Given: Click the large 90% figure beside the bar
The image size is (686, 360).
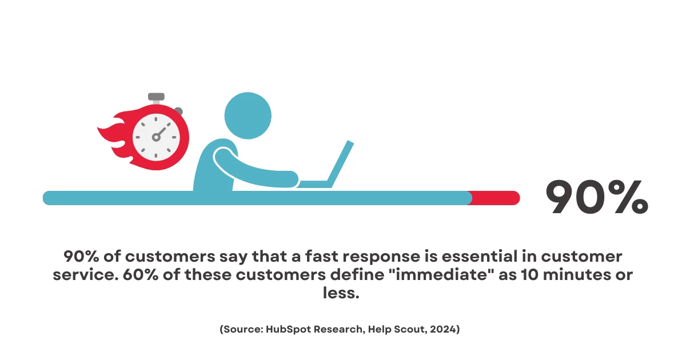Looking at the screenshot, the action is click(x=597, y=197).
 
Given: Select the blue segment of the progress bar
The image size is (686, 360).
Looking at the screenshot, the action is click(x=257, y=198).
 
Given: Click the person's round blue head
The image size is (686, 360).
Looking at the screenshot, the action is click(x=248, y=115).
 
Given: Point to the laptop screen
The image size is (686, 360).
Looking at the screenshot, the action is click(x=341, y=163).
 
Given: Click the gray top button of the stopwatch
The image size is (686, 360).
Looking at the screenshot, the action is click(x=156, y=97).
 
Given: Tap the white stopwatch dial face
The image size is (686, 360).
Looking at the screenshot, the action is click(x=156, y=138).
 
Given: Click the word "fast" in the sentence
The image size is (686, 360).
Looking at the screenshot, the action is click(x=321, y=256).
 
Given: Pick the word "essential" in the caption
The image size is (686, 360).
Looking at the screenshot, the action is click(x=480, y=256).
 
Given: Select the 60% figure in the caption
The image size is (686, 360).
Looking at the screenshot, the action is click(x=141, y=275).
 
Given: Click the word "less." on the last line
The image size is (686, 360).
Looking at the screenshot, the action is click(x=341, y=293).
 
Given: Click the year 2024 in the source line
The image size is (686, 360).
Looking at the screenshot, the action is click(x=442, y=329).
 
